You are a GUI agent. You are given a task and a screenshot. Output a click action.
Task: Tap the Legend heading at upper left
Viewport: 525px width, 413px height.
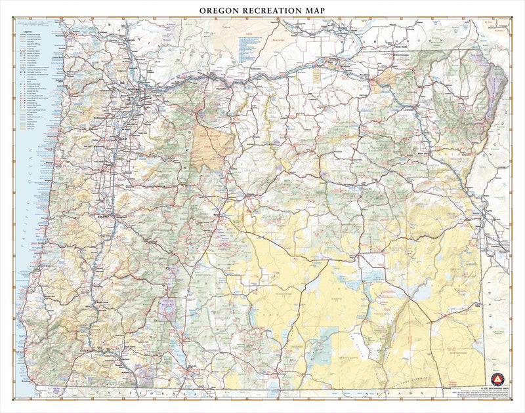pyautogui.click(x=28, y=31)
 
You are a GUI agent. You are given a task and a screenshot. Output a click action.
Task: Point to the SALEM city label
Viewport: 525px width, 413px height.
pyautogui.click(x=121, y=139)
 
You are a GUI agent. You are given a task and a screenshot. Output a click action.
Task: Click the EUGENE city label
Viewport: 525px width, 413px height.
pyautogui.click(x=113, y=212)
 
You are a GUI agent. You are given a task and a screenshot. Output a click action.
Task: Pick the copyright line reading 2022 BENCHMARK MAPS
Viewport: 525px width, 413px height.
pyautogui.click(x=497, y=388)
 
